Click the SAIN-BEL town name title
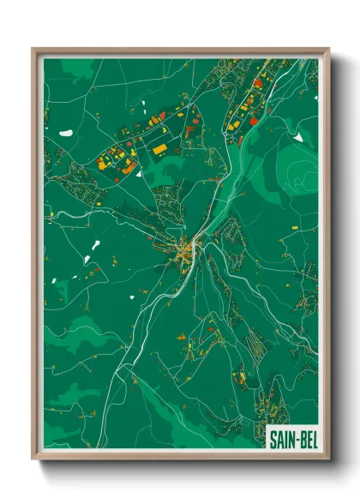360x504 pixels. pos(290,440)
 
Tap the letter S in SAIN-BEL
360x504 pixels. pos(273,440)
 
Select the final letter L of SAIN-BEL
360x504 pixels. pos(309,440)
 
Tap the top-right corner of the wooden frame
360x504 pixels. pos(327,50)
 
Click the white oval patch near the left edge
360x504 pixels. pos(65,133)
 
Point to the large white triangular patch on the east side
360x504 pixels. pos(297,135)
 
